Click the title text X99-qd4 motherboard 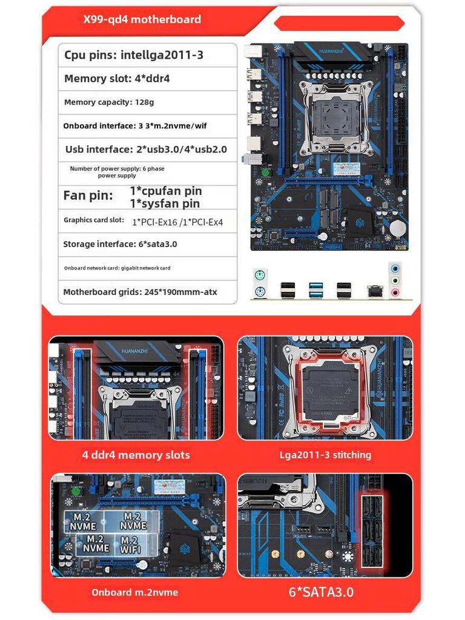pos(142,19)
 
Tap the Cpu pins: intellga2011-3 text pos(134,55)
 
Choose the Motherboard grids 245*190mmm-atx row pos(140,292)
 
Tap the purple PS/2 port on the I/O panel pos(260,292)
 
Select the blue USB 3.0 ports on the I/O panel pos(316,290)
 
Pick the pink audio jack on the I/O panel pos(395,292)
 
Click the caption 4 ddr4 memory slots pos(136,455)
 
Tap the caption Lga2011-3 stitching pos(326,455)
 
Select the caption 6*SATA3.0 pos(321,592)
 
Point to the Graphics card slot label pos(94,220)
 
